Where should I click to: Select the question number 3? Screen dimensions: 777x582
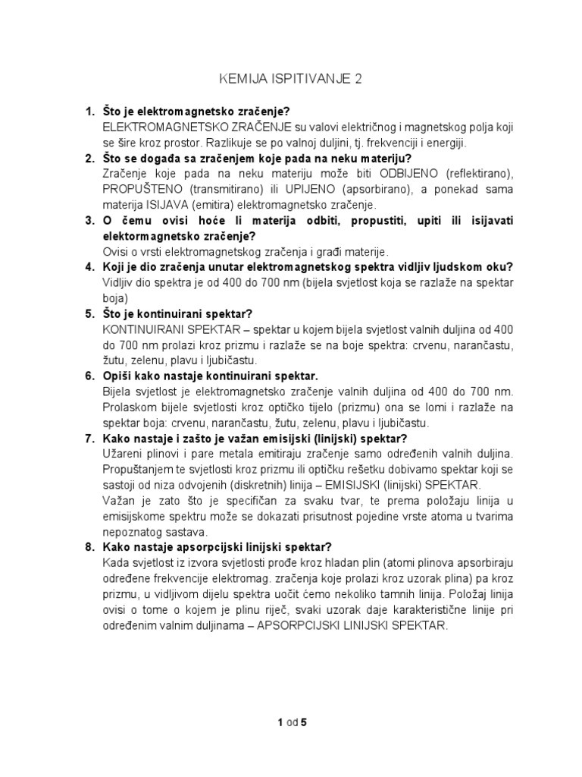(88, 220)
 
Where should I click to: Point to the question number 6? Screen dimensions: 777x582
(88, 376)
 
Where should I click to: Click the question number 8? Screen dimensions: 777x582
(88, 547)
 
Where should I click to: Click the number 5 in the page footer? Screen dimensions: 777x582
(304, 722)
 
